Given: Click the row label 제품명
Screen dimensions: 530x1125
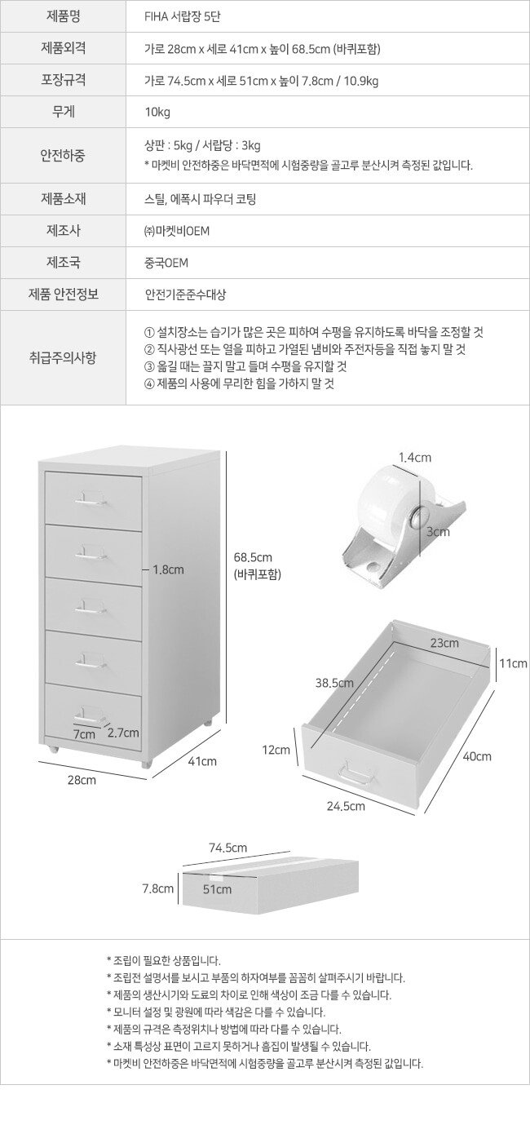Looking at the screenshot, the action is point(64,16).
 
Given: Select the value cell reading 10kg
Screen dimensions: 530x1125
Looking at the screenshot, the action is point(157,112).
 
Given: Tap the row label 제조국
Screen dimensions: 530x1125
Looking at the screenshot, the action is point(64,262).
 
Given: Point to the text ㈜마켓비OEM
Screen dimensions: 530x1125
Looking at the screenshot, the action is point(177,231).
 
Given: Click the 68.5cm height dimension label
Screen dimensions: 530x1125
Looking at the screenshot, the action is point(253,557).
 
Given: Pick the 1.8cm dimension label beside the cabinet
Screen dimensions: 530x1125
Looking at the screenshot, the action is point(168,569).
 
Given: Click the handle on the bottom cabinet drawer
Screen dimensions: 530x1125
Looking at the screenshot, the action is point(91,711).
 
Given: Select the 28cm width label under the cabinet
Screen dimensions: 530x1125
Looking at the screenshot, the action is point(82,780).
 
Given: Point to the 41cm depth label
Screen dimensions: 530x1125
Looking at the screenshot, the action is point(202,761).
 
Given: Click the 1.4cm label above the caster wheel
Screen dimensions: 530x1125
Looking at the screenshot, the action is point(415,457).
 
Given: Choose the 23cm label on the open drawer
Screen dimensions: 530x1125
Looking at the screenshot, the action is point(444,643).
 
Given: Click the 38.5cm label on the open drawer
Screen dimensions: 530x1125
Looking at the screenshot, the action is point(334,683).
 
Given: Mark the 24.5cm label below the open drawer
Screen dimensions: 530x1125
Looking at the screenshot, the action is point(346,806).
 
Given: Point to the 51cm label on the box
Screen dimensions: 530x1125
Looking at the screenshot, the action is point(218,889).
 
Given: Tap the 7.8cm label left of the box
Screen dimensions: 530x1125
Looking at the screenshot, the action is point(157,888).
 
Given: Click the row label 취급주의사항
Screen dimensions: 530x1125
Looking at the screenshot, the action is point(63,357).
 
